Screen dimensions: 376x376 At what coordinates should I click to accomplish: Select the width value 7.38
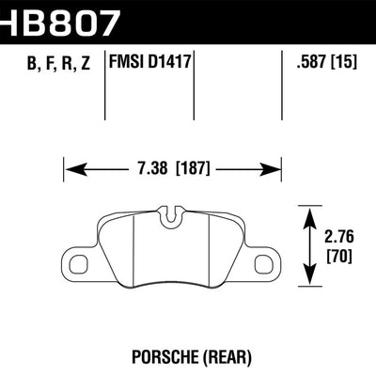(x=149, y=171)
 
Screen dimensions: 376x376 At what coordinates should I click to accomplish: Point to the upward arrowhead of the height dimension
(x=311, y=211)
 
